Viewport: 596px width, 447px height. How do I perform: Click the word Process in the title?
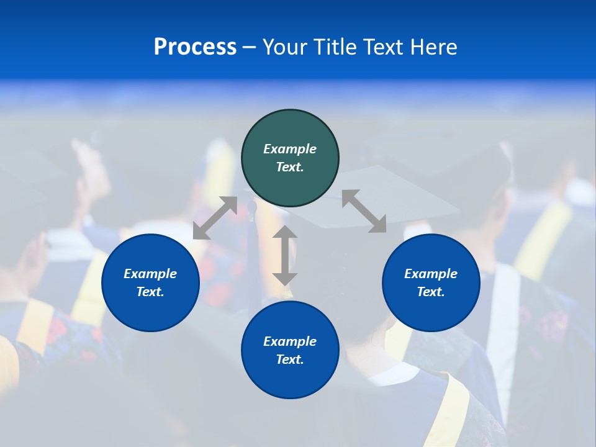coord(195,47)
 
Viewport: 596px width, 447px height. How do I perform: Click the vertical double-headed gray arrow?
coord(285,255)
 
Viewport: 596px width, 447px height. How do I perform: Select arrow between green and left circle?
coord(215,218)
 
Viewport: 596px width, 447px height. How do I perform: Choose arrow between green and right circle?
coord(364,211)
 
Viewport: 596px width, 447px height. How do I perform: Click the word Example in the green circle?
coord(290,149)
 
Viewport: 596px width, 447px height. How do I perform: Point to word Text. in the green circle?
coord(290,167)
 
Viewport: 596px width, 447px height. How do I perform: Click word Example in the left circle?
coord(150,274)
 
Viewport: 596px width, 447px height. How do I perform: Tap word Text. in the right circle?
coord(431,292)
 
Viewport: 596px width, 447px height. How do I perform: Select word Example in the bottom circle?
coord(290,341)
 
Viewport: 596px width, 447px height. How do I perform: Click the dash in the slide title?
coord(250,47)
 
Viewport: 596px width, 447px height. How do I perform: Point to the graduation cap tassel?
coord(252,248)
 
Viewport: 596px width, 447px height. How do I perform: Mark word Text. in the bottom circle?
coord(290,359)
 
